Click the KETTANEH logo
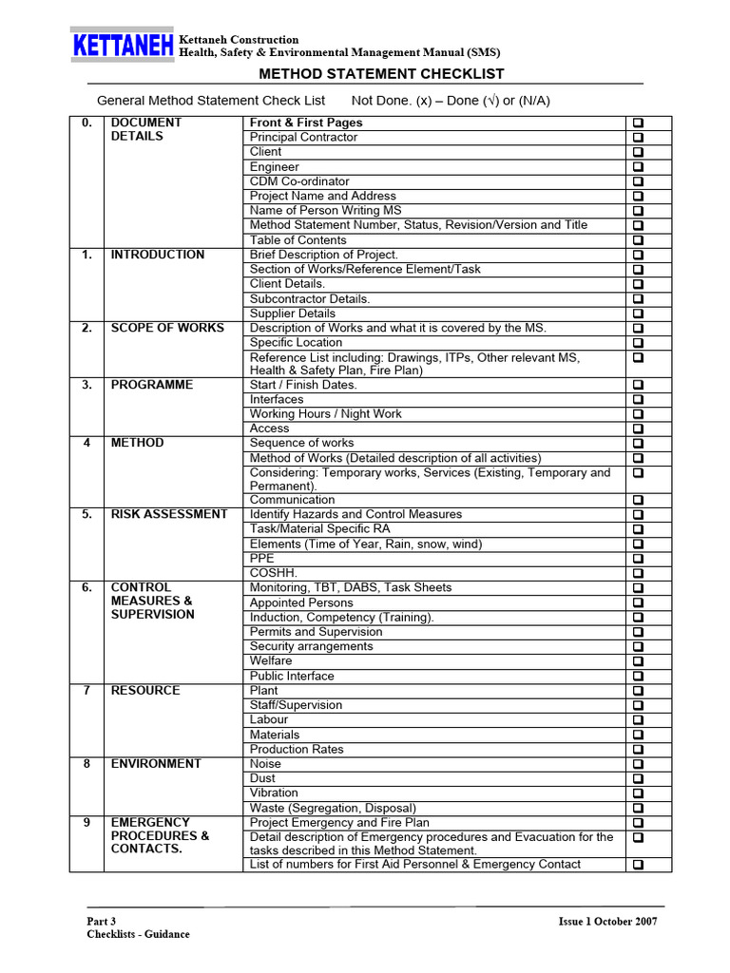coord(122,46)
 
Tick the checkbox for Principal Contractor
coord(638,138)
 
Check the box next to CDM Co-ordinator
coord(638,181)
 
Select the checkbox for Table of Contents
coord(638,240)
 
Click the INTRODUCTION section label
coord(157,255)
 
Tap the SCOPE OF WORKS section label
coord(167,328)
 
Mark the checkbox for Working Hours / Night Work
coord(638,414)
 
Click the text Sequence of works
coord(301,443)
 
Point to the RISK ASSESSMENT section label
coord(168,514)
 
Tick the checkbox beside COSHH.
coord(638,574)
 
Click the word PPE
coord(261,559)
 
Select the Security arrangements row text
coord(311,646)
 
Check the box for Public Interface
coord(638,677)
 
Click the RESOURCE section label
coord(144,691)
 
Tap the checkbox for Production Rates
coord(638,750)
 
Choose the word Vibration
coord(274,792)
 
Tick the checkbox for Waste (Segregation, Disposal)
coord(638,809)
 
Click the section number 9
coord(86,823)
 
